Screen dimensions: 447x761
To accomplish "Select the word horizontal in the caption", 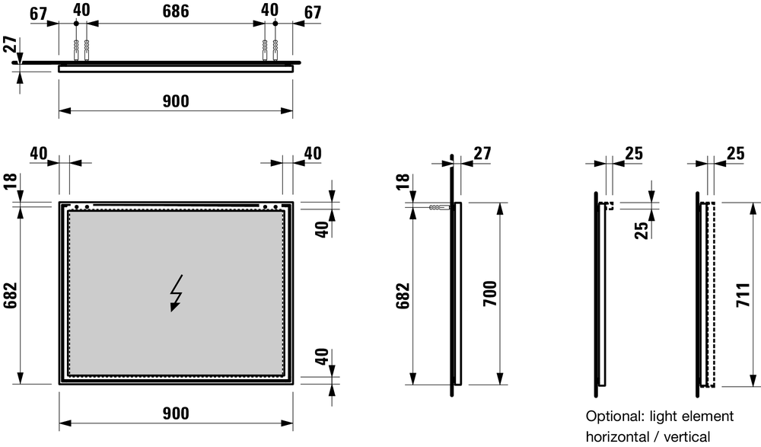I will [x=619, y=436].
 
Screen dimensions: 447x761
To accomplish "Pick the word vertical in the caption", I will [x=686, y=436].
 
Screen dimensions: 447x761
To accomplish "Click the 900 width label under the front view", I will [x=176, y=413].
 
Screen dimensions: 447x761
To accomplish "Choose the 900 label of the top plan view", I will [x=176, y=101].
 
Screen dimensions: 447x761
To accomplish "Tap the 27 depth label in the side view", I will [x=482, y=152].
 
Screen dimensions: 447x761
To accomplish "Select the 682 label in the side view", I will [x=403, y=295].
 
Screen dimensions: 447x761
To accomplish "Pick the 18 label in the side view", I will [x=403, y=183].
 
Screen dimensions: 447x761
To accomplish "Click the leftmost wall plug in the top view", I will [x=77, y=49].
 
